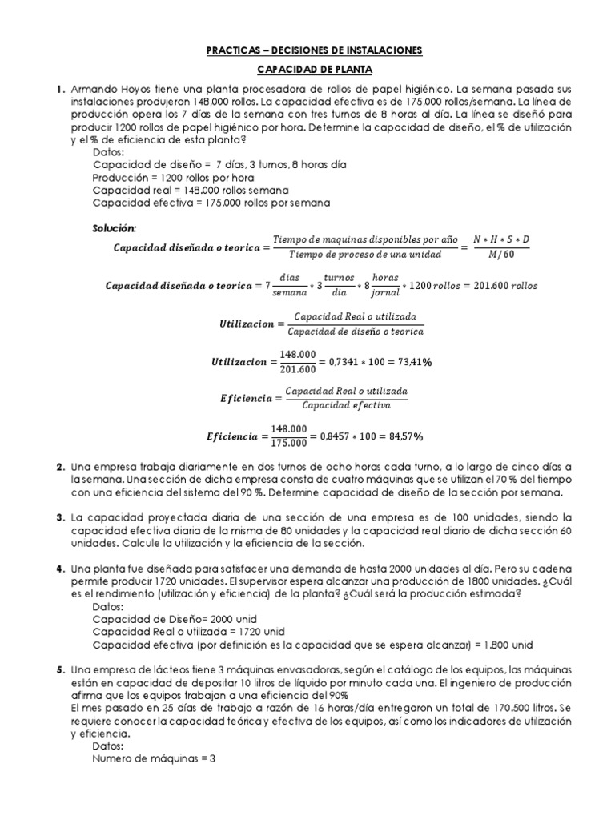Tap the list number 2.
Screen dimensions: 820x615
pyautogui.click(x=61, y=467)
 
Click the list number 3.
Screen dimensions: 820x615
pyautogui.click(x=61, y=518)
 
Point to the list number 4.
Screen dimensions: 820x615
pyautogui.click(x=61, y=568)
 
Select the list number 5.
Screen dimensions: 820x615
pyautogui.click(x=61, y=669)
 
